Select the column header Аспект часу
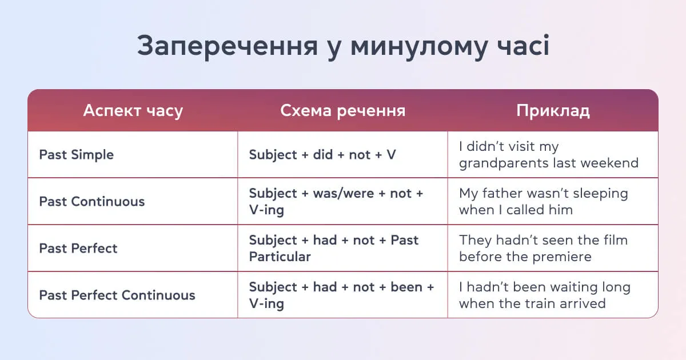pos(133,110)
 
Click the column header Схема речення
pos(342,110)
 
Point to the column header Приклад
pos(553,110)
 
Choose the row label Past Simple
pos(76,155)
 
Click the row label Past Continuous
pos(91,202)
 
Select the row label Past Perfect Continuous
pos(117,295)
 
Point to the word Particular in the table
pos(280,257)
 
